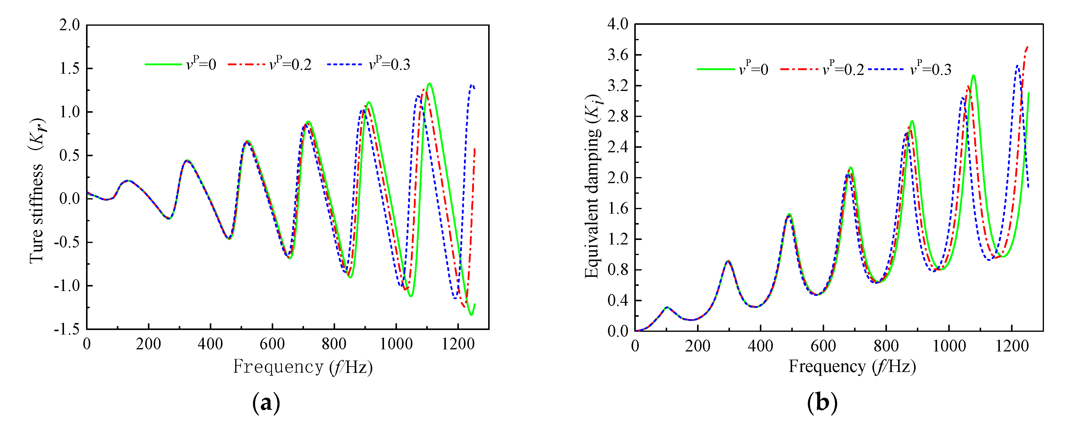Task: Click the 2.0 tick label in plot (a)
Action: point(69,25)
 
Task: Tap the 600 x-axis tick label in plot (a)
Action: point(272,344)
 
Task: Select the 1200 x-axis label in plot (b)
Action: point(1012,346)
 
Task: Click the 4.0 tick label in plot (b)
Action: point(618,24)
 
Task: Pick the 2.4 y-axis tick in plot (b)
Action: point(618,147)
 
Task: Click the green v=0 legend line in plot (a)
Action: point(163,65)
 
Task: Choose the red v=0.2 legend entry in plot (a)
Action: point(270,65)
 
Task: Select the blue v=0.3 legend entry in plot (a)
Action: point(369,65)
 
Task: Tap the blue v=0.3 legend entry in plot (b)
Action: point(910,69)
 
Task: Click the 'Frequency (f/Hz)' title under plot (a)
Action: point(302,367)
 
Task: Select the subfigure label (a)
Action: point(266,403)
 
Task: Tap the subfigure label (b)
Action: point(822,403)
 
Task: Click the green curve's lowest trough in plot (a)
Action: point(471,315)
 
